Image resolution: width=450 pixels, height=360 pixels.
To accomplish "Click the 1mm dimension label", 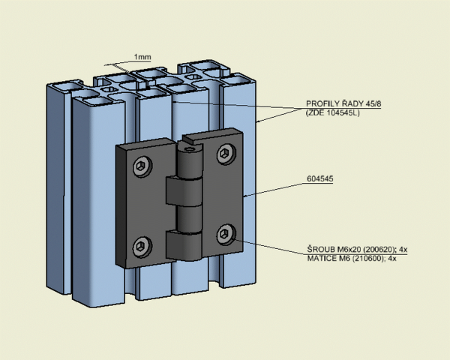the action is point(142,57).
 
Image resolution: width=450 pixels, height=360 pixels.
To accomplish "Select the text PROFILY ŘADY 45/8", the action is point(343,103).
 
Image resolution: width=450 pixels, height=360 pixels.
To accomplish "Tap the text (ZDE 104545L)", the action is point(332,112).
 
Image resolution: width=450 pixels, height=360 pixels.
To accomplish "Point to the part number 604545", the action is point(320,178).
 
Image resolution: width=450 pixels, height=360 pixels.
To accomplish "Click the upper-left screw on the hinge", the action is point(142,166).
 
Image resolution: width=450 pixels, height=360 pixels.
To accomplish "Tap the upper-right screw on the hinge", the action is point(226,154).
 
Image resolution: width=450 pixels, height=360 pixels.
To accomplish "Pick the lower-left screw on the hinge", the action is point(142,247).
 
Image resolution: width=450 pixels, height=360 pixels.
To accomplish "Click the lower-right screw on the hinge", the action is point(226,235).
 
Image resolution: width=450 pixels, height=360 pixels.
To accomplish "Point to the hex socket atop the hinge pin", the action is point(190,148).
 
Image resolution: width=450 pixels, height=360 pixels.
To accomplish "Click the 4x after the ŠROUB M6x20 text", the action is point(403,249).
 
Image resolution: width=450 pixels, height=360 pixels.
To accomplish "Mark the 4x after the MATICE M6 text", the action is point(392,259).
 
